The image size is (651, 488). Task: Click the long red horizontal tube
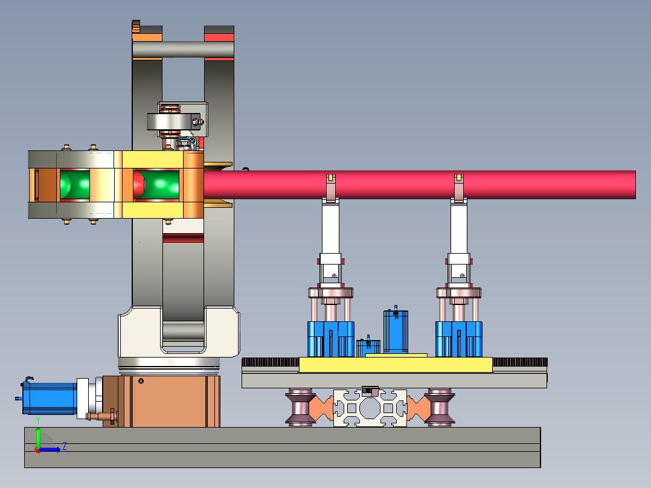419,185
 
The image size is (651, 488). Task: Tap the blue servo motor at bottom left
50,398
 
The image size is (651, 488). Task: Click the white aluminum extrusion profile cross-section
370,408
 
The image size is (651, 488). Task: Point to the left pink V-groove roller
300,407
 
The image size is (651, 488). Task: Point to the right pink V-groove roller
440,407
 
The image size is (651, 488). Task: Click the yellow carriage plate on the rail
395,364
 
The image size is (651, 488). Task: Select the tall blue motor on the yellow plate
396,332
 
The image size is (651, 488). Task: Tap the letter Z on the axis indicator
65,446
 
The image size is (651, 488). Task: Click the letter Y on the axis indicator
38,421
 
